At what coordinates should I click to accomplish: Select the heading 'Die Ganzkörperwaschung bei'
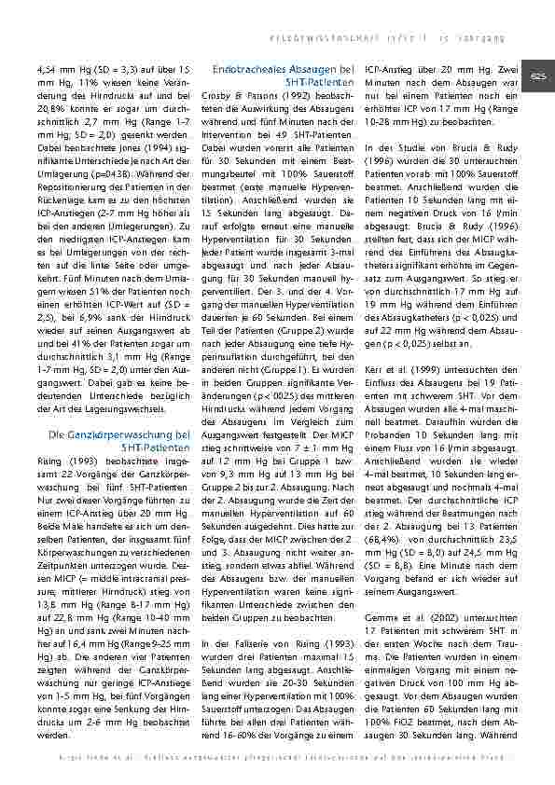pyautogui.click(x=119, y=434)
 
